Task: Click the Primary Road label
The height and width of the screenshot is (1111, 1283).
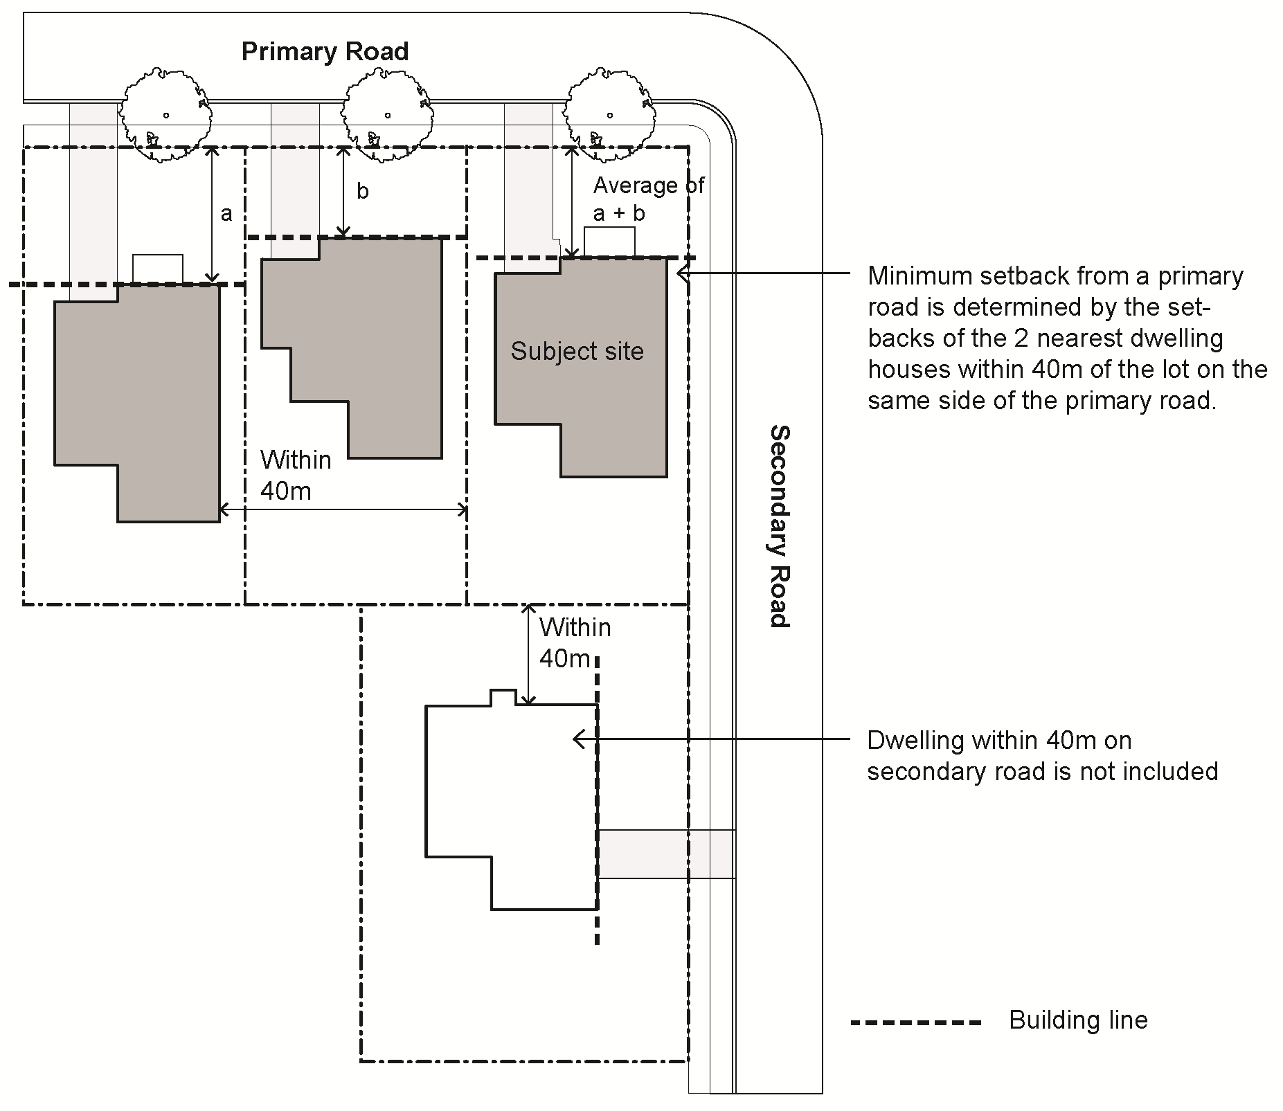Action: pos(325,52)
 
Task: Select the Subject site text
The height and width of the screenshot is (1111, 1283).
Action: pos(577,352)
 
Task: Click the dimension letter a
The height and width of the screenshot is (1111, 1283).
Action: pos(226,214)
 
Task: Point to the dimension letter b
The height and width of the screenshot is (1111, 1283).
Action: pos(363,192)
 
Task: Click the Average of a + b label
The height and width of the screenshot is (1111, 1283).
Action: pos(648,199)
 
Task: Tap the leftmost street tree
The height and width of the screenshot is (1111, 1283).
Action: pos(165,115)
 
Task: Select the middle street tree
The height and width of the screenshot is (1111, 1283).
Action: pos(387,115)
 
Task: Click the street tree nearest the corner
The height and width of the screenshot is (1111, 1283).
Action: pos(609,115)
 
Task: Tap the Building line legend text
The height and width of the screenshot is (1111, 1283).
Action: pos(1078,1020)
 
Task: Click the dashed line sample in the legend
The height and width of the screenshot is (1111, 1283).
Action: pos(916,1022)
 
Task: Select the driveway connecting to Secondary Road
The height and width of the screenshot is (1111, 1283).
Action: pos(665,854)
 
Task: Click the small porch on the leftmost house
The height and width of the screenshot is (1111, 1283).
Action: pos(158,269)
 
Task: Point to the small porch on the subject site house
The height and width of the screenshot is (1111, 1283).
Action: pos(609,243)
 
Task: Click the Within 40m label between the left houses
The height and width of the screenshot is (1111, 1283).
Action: pos(296,476)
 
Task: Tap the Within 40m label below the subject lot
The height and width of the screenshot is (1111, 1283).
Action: pos(575,643)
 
